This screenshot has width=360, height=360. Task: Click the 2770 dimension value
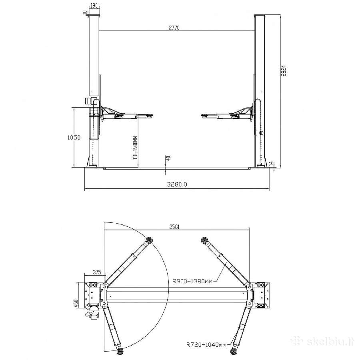coord(174,28)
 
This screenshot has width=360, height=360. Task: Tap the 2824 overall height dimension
coord(284,71)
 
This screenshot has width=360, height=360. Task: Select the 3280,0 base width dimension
coord(177,184)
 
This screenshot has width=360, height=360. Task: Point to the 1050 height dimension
coord(74,138)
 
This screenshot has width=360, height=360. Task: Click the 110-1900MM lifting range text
coord(135,148)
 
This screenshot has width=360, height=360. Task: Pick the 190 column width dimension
coord(94,6)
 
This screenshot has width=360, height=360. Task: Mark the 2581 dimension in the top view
coord(174,227)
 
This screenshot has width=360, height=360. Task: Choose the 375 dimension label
coord(97,272)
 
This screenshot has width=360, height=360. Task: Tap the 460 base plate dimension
coord(76,304)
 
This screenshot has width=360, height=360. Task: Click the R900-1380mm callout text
coord(192,281)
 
